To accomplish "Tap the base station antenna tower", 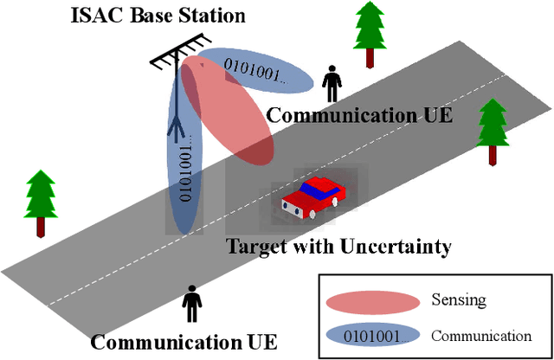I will point(177,95).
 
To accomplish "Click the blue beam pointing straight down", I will point(183,190).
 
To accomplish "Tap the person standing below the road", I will point(191,305).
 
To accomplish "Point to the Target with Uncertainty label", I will point(338,247).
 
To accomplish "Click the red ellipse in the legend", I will point(371,301).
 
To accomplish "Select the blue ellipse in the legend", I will point(371,335).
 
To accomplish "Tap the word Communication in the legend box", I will point(480,336).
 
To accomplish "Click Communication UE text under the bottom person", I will point(184,342).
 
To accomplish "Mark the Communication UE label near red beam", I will point(359,115).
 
